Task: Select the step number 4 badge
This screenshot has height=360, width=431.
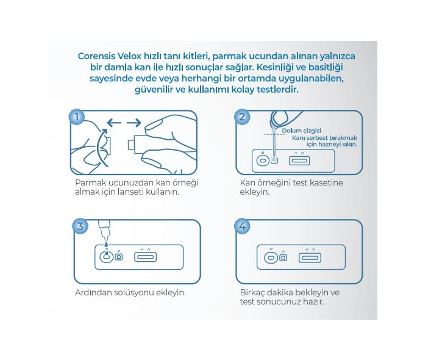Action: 243,226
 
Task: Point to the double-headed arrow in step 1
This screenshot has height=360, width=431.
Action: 124,123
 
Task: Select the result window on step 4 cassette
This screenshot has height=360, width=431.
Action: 310,257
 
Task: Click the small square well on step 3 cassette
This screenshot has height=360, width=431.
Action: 119,257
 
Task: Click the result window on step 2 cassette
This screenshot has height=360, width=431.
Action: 299,161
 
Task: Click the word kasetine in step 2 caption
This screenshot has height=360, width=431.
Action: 326,182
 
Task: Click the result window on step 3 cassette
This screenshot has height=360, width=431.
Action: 146,257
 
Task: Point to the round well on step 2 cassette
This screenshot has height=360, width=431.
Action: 262,161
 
